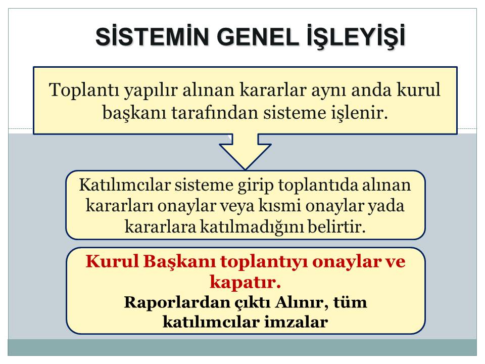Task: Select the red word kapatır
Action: click(245, 280)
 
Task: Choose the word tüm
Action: click(351, 302)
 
